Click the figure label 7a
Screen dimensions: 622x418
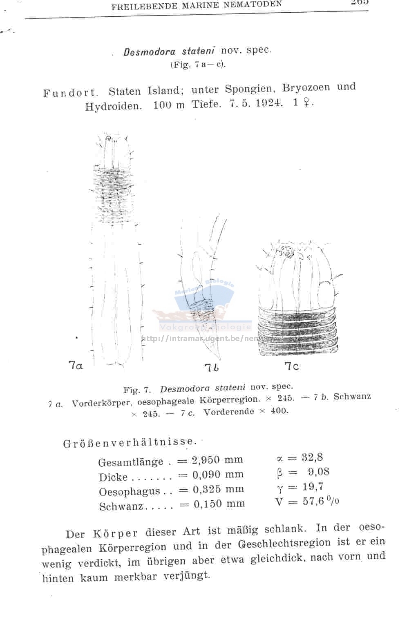[x=76, y=365]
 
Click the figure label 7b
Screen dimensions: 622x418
[x=212, y=368]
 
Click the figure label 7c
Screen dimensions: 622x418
[x=291, y=366]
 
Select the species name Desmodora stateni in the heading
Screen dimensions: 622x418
[x=170, y=51]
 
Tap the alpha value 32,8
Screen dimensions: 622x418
[x=312, y=457]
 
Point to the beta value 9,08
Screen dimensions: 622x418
[x=319, y=472]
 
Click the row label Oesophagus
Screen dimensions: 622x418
[x=130, y=492]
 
